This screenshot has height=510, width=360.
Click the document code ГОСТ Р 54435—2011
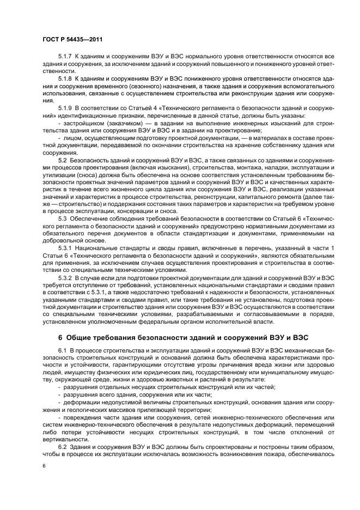[x=72, y=40]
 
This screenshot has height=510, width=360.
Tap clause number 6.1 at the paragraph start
[x=63, y=348]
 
